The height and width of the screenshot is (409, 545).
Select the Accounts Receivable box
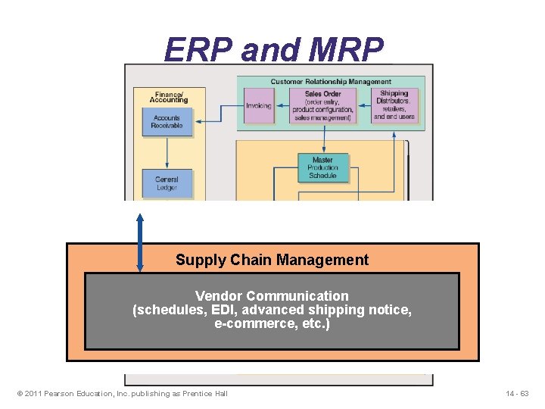[167, 122]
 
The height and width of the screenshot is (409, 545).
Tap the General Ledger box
[167, 183]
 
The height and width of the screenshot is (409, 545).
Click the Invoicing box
[259, 105]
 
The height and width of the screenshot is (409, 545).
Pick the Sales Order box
[323, 105]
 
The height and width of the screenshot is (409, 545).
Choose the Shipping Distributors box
[394, 105]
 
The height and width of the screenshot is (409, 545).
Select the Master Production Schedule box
[322, 168]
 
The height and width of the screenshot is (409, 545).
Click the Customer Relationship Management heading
[331, 81]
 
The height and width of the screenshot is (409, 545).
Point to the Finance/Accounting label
[168, 97]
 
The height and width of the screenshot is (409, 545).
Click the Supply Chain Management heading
[272, 260]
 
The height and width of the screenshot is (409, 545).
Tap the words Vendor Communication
[272, 296]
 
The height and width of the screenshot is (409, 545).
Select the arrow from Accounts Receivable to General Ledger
[167, 153]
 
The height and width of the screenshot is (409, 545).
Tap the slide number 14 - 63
[518, 393]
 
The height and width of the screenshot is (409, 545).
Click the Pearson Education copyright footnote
[121, 393]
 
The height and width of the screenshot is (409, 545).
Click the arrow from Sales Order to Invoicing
[282, 105]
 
